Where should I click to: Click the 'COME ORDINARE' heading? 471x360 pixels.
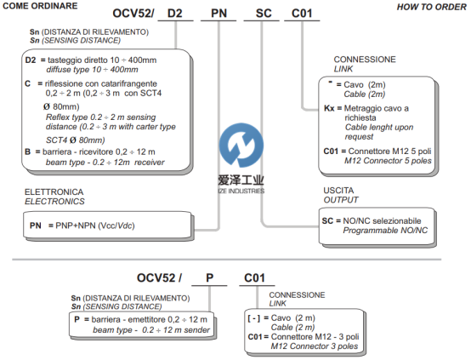(40, 6)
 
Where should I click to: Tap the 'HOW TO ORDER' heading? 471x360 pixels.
(431, 7)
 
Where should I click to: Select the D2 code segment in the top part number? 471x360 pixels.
(175, 14)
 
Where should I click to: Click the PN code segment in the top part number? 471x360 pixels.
(218, 14)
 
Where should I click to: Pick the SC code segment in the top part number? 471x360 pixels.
(264, 14)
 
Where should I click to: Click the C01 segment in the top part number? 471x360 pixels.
(302, 14)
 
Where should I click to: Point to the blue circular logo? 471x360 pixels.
(241, 145)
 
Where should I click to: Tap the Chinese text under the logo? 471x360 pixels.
(241, 180)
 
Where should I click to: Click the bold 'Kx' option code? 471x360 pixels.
(329, 108)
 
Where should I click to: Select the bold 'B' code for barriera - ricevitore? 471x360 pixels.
(28, 151)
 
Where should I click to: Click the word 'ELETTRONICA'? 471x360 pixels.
(54, 191)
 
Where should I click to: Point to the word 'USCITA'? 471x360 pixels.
(338, 191)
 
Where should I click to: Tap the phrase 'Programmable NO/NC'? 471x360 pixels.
(385, 231)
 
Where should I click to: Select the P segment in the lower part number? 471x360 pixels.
(210, 278)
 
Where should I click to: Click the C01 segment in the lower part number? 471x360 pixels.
(254, 278)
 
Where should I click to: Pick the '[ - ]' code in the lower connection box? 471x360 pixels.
(254, 318)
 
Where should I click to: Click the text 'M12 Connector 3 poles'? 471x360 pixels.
(315, 346)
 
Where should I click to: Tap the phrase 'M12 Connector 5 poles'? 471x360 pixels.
(388, 161)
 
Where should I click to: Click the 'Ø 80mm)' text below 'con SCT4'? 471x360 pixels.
(61, 106)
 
